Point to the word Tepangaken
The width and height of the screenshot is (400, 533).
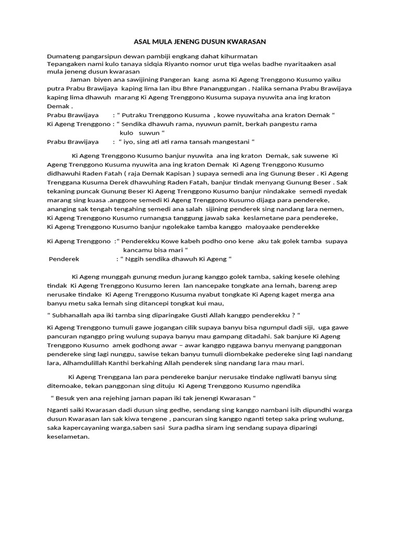(67, 64)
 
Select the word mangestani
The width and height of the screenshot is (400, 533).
(230, 141)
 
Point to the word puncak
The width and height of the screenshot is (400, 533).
(90, 191)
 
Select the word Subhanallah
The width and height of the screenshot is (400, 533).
(74, 315)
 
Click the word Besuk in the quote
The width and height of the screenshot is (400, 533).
(66, 398)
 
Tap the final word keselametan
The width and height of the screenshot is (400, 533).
(68, 437)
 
